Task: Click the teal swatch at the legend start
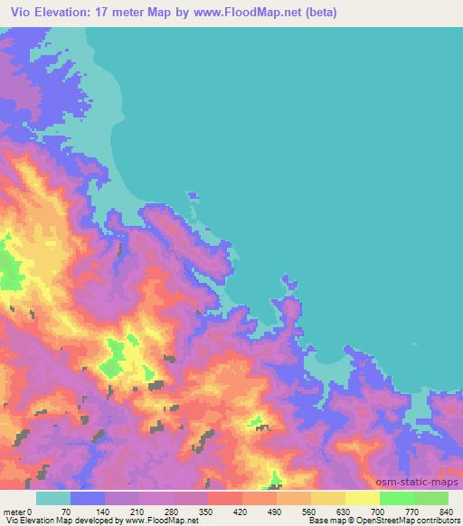coord(53,498)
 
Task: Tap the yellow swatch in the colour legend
coord(363,498)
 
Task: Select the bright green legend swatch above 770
coord(397,498)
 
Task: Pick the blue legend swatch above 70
coord(88,498)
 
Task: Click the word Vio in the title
coord(23,12)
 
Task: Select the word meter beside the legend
coord(14,510)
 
